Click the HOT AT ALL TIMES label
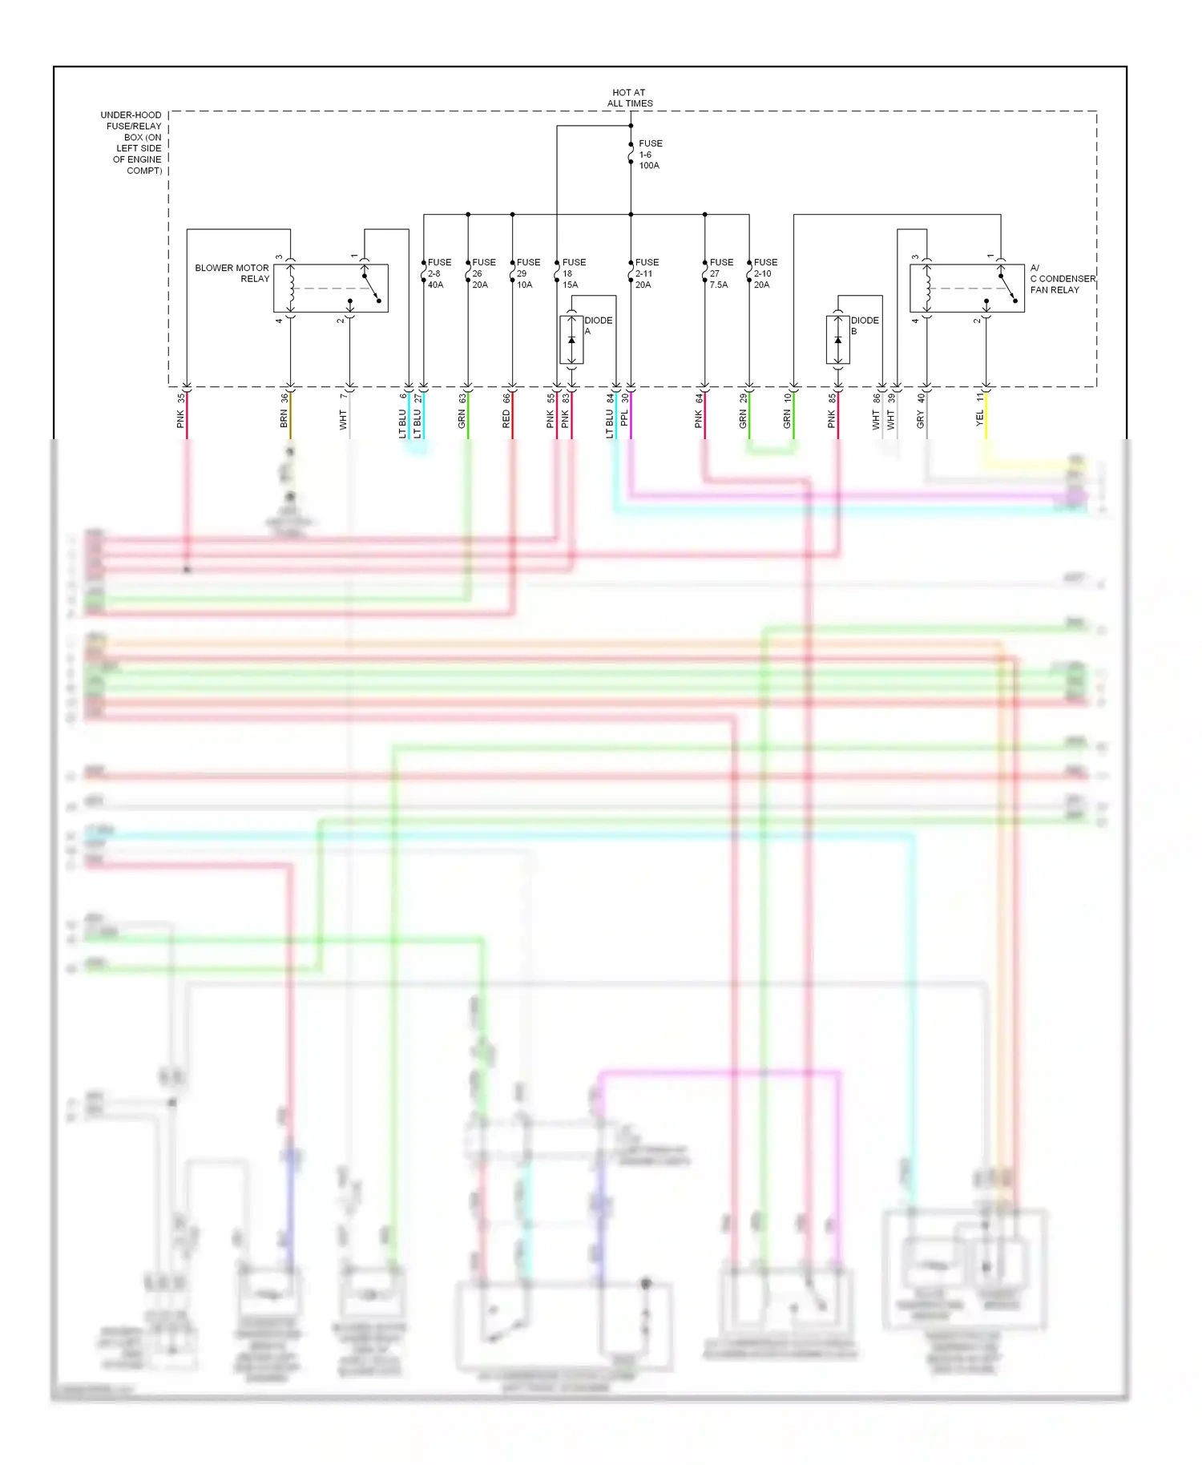[630, 98]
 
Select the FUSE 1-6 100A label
[650, 155]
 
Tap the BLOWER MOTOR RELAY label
[232, 273]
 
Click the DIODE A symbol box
[571, 340]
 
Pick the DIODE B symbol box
[837, 340]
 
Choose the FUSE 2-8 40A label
[439, 273]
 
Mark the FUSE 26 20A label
[483, 273]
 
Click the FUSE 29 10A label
[528, 273]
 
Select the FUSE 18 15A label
[573, 273]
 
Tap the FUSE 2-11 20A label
[647, 273]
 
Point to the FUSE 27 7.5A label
[720, 273]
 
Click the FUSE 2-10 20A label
[765, 273]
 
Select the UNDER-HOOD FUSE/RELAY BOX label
[132, 143]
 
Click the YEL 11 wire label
[980, 410]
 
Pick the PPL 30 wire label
[624, 410]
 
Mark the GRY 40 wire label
[921, 410]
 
